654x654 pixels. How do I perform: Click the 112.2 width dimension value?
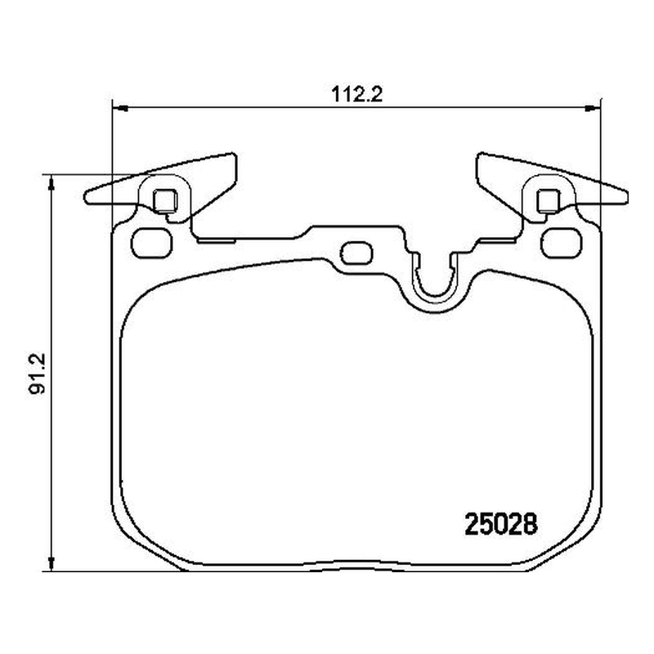click(x=356, y=95)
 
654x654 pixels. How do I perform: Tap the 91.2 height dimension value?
click(x=38, y=374)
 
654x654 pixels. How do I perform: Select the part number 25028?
click(x=501, y=524)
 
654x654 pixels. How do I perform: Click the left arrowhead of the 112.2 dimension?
click(x=120, y=109)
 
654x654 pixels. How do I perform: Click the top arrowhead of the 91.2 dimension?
click(x=52, y=182)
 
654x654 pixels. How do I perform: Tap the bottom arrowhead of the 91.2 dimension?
click(x=52, y=563)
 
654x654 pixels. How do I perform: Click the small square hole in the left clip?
click(x=165, y=200)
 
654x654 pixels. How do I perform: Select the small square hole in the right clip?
click(x=548, y=200)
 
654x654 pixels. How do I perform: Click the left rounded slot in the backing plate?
click(x=151, y=243)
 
